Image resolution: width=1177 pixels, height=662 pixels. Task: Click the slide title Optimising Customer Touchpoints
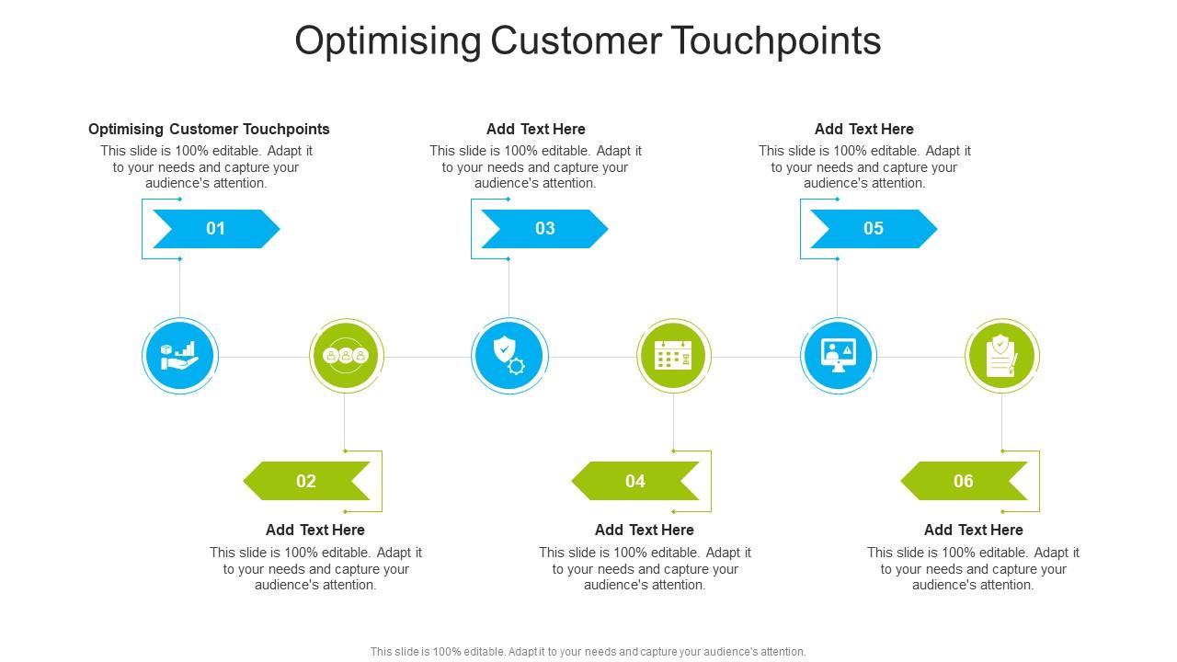(588, 41)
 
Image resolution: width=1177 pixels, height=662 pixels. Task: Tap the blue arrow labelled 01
(215, 229)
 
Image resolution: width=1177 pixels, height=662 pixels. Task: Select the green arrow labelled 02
(306, 481)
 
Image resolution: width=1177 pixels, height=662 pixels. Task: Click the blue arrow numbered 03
(544, 229)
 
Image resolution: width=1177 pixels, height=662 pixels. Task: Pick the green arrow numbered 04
(635, 481)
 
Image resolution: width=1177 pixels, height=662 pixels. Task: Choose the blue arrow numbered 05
(873, 229)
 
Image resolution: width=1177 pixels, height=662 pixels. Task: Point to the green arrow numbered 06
(964, 481)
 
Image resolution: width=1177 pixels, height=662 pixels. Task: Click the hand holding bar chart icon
(179, 356)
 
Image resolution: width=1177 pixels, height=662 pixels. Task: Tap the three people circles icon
(346, 356)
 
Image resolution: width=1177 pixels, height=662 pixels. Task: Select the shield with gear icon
(509, 356)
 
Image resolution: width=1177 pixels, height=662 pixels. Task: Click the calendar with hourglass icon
(673, 356)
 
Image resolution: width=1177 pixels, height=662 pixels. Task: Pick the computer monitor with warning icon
(838, 356)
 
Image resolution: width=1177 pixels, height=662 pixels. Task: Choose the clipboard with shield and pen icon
(1001, 356)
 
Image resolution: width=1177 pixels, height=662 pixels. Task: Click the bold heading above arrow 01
(209, 130)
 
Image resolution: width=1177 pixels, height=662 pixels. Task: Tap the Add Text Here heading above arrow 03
(535, 130)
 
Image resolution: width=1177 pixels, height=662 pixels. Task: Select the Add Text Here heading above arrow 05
(863, 130)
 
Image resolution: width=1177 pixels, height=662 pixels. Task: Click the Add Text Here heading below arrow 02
(315, 531)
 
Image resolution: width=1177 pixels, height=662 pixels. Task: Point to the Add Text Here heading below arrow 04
(644, 531)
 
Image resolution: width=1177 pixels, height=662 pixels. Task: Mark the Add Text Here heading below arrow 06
(973, 531)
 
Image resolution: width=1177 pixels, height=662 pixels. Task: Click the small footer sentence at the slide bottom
(588, 651)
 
